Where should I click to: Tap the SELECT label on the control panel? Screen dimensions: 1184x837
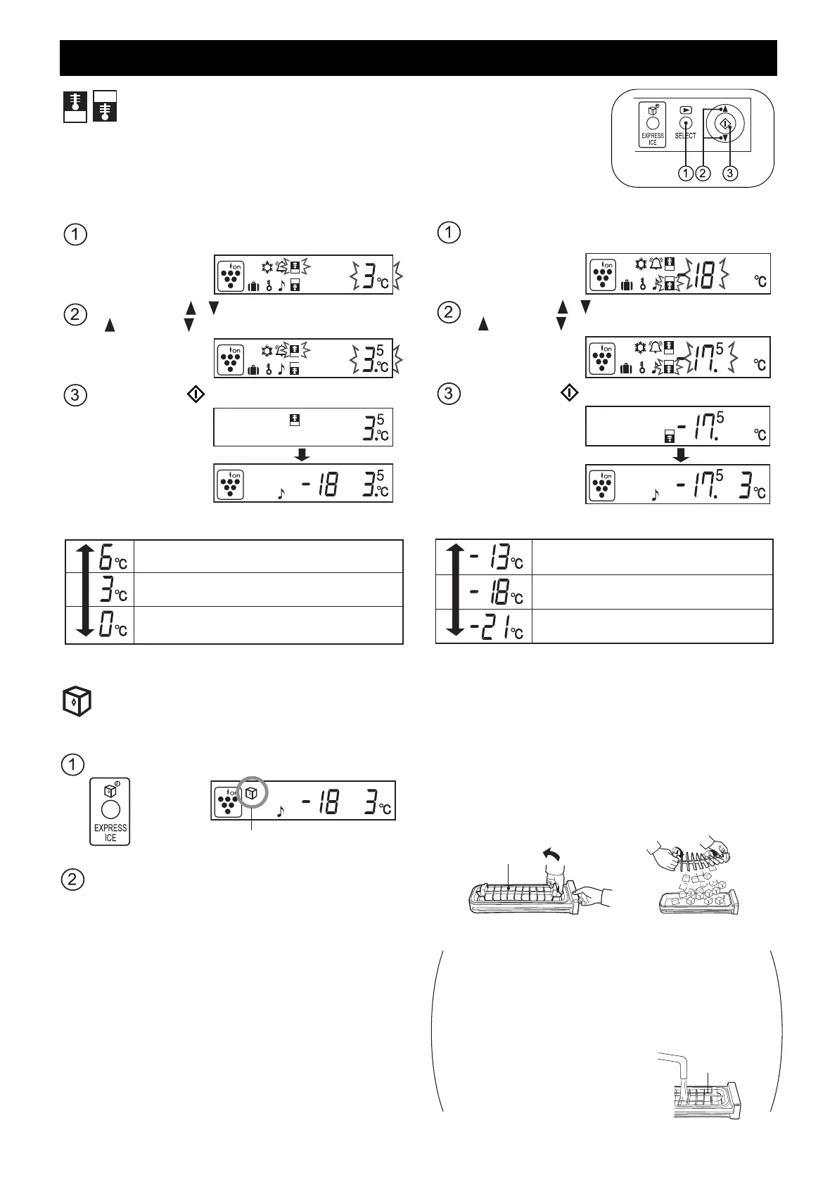pos(685,136)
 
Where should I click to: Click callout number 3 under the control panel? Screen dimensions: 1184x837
pos(730,174)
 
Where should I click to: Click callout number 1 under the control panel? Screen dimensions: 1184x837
pos(686,174)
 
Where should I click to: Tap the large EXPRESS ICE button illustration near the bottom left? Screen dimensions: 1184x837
pos(110,811)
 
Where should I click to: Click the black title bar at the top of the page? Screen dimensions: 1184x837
pos(418,58)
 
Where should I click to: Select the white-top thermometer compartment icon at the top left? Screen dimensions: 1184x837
pos(106,106)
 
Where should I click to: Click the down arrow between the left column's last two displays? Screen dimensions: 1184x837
pos(302,455)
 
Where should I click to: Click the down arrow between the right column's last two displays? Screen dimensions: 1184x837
pos(680,455)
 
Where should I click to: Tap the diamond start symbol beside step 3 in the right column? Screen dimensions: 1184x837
pos(569,392)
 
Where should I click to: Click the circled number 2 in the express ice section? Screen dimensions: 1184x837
pos(75,879)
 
